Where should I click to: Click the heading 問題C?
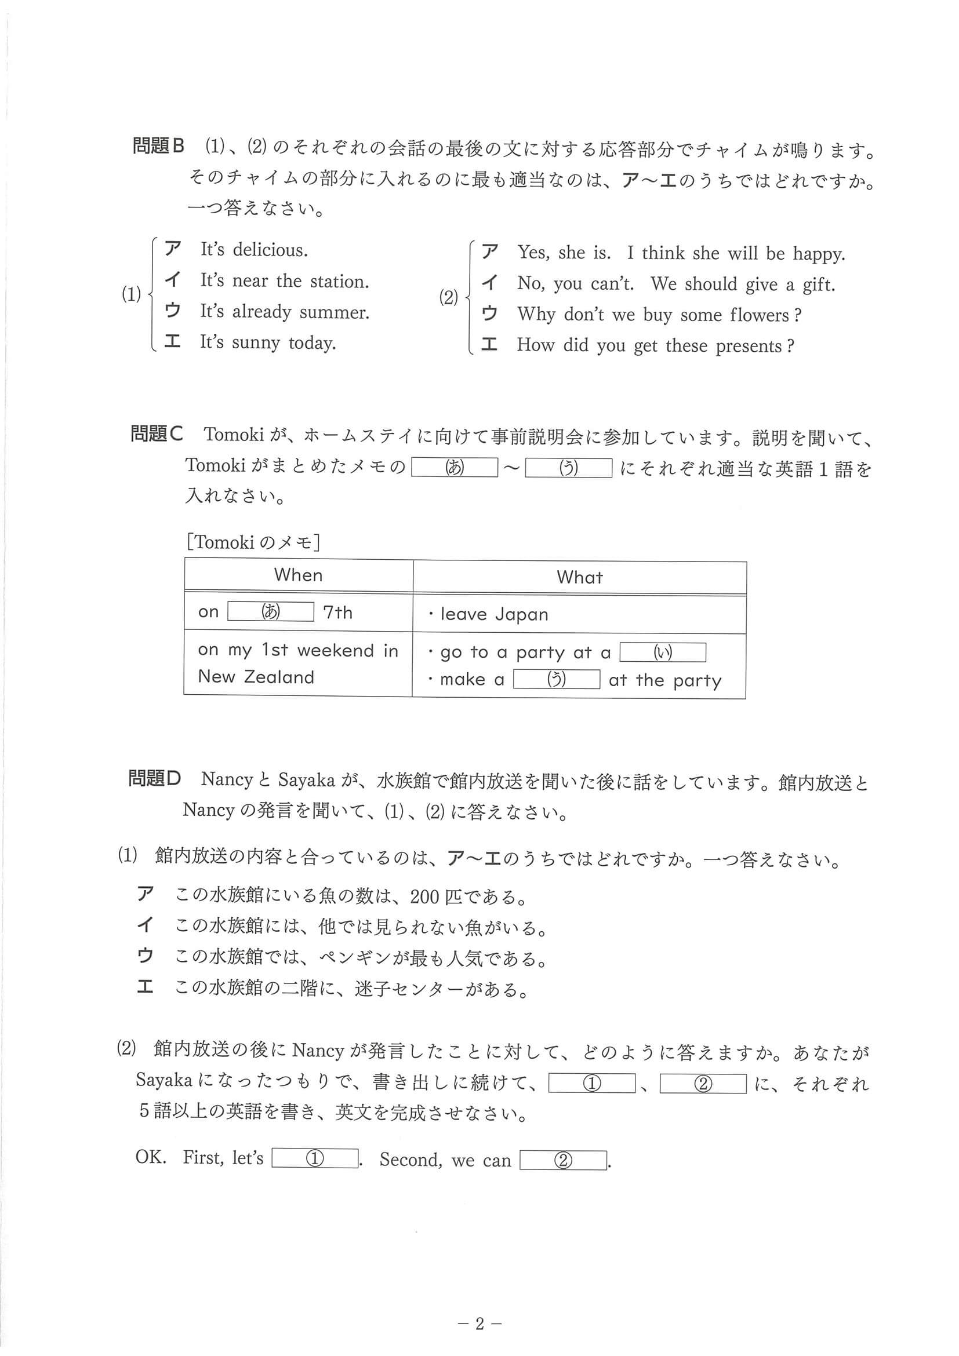pos(157,434)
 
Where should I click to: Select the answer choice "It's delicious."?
pos(253,250)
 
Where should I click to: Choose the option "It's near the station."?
pos(284,280)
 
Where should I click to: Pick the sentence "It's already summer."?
pos(284,311)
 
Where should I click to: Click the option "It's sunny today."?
pos(268,342)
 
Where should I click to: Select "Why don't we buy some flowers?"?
pos(659,314)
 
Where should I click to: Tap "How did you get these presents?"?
pos(655,345)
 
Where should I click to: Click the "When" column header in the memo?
pos(299,575)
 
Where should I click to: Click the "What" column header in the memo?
pos(580,577)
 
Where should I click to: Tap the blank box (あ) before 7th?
pos(271,611)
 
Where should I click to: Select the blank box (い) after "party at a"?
pos(662,652)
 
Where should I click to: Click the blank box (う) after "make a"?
pos(556,679)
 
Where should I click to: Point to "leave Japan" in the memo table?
pos(494,614)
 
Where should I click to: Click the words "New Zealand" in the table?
pos(256,677)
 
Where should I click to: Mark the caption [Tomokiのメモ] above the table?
pos(253,542)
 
